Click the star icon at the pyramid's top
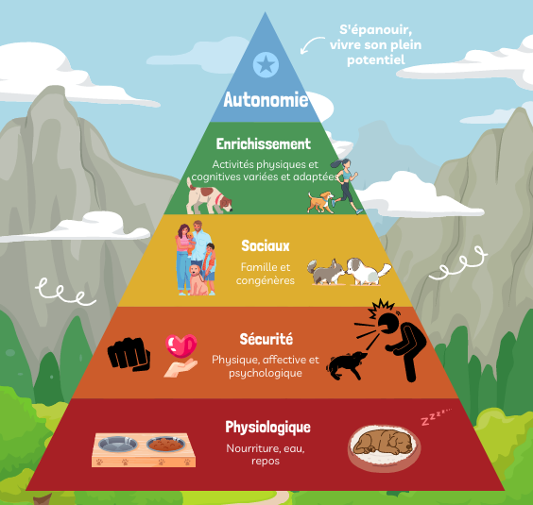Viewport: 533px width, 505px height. click(266, 64)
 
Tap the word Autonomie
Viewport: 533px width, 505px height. click(266, 100)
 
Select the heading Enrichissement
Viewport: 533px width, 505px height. click(264, 144)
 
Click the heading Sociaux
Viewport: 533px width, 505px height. click(266, 245)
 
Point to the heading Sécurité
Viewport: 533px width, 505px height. click(266, 339)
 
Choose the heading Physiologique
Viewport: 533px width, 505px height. click(267, 428)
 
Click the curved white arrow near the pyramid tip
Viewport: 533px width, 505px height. click(311, 43)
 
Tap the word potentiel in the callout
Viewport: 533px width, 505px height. click(376, 60)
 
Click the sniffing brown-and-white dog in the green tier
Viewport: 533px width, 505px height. click(208, 196)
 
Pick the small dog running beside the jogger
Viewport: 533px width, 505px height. click(320, 202)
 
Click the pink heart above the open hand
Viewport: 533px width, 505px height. click(181, 345)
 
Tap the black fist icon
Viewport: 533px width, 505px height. click(129, 354)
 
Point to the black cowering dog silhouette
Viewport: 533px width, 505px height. click(346, 365)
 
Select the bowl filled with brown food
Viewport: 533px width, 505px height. click(166, 444)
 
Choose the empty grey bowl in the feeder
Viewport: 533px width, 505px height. click(117, 444)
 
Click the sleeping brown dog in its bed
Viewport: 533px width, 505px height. click(384, 443)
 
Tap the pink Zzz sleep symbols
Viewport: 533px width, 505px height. click(436, 416)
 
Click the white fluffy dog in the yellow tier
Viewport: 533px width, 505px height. click(367, 271)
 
